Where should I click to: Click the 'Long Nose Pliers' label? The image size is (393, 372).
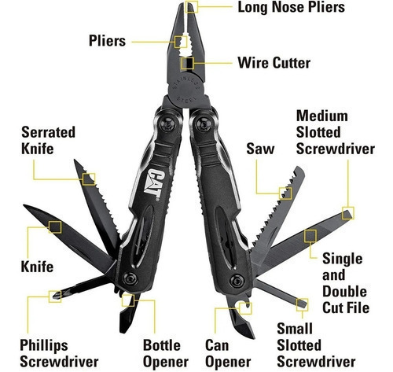point(291,7)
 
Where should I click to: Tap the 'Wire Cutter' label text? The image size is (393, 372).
point(274,63)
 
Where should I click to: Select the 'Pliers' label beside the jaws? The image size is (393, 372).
point(108,41)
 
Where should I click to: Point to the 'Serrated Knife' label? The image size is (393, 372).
point(48,140)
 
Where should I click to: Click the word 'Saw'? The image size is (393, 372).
point(260,149)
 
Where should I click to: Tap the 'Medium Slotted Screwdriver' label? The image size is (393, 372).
point(336,132)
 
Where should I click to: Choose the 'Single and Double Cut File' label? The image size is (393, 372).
point(346,283)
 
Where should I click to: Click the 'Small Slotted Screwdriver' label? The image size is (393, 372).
point(316,345)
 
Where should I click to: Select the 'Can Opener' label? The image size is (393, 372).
point(228,354)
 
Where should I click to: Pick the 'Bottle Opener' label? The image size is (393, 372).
point(166,354)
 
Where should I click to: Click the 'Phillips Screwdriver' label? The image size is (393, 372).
point(59,354)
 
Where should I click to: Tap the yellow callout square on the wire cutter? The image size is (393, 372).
point(187,63)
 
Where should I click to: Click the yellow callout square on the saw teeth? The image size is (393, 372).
point(285,193)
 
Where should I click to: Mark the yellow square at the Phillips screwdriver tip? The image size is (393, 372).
point(55,296)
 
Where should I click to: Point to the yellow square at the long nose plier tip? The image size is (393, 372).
point(192,6)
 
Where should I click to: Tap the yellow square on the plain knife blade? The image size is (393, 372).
point(55,227)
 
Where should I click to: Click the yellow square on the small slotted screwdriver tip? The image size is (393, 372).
point(302,305)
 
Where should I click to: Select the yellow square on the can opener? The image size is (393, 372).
point(245,308)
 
